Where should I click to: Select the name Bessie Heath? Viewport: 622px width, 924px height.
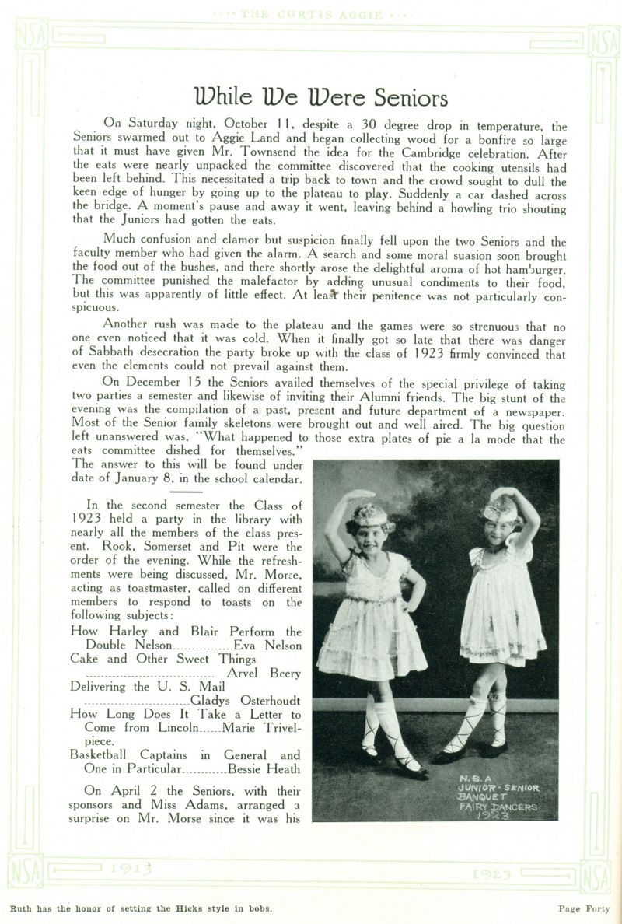(x=264, y=769)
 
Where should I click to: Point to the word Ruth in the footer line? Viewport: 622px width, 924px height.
(x=22, y=908)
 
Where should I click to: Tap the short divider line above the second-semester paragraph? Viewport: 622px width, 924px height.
(x=186, y=491)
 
